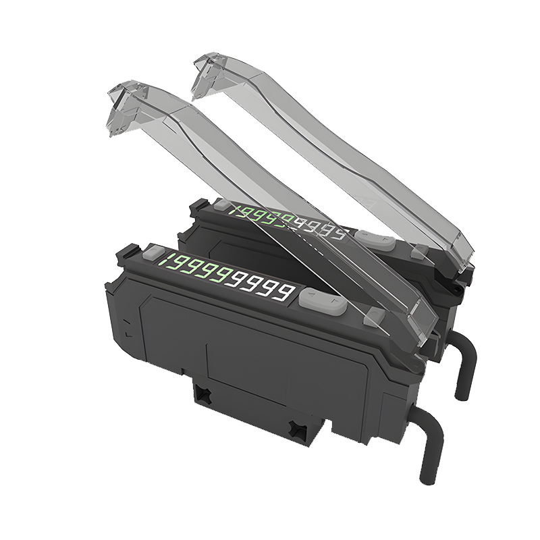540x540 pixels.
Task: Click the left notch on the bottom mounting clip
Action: point(202,392)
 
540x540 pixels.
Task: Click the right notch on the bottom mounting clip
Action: point(295,427)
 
